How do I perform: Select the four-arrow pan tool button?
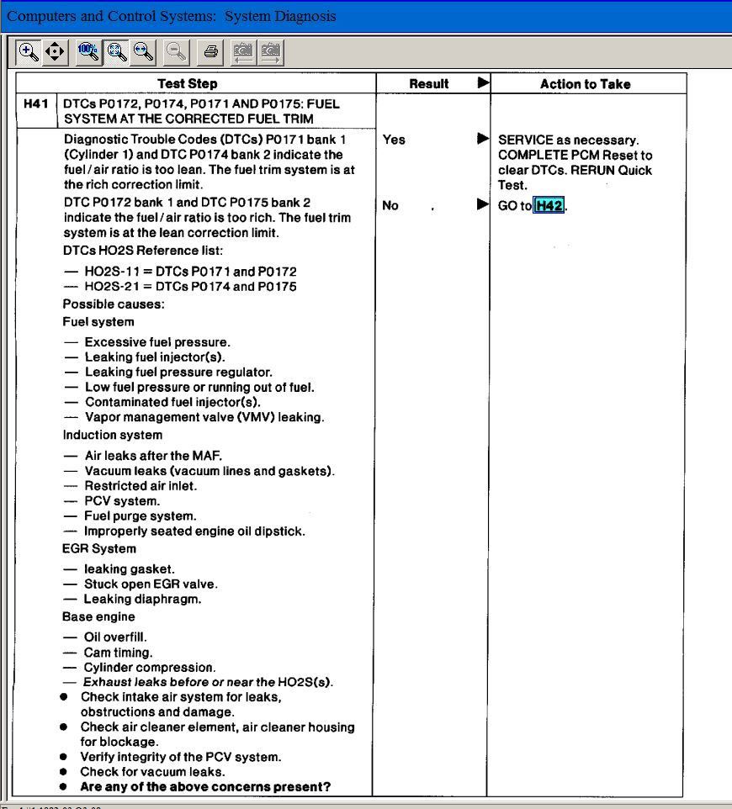[x=55, y=52]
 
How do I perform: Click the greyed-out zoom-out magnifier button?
[x=176, y=52]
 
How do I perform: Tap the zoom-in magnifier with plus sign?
[x=29, y=52]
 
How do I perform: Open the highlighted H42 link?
[x=549, y=206]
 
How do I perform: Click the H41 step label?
[x=36, y=103]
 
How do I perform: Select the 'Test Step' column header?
[x=187, y=83]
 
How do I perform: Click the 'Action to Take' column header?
[x=585, y=84]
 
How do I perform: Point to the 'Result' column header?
[x=428, y=84]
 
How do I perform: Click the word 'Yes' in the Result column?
[x=394, y=140]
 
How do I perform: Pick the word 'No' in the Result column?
[x=390, y=205]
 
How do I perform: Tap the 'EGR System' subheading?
[x=99, y=548]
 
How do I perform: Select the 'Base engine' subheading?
[x=98, y=616]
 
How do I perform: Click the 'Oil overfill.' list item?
[x=115, y=637]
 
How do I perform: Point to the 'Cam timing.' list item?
[x=118, y=652]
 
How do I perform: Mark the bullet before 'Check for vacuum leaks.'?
[x=64, y=771]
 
